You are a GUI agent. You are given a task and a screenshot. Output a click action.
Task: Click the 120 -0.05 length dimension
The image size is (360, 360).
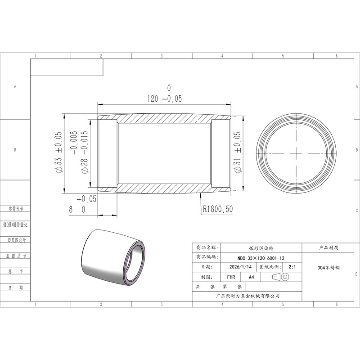pos(165,94)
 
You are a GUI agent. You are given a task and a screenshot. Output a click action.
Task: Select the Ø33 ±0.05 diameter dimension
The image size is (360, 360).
pos(58,152)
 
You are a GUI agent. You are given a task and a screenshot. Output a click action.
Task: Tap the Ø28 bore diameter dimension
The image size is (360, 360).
pos(79,152)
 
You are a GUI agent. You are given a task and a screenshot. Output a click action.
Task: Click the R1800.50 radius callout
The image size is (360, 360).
pos(218,209)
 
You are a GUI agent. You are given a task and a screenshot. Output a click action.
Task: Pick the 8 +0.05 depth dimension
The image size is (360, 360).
pos(83,204)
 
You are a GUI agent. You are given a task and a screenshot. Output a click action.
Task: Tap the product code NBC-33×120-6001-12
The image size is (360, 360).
pos(261,258)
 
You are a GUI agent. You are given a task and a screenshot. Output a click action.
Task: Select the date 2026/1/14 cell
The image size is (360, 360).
pos(240,267)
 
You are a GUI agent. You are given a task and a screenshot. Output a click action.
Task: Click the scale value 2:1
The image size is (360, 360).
pos(292,267)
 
